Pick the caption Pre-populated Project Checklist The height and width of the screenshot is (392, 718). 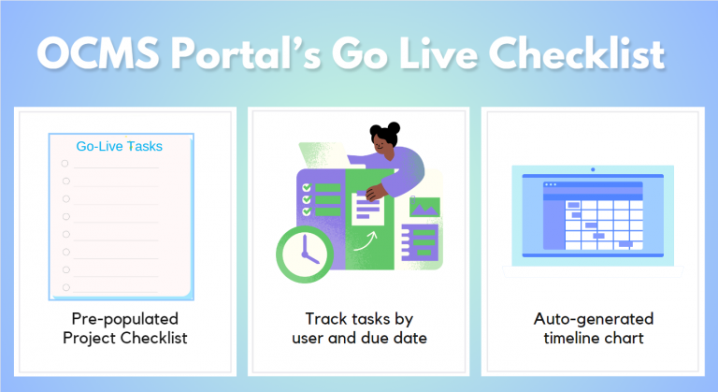(122, 328)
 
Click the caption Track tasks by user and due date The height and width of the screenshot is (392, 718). (359, 328)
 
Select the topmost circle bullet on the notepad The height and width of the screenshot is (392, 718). (65, 164)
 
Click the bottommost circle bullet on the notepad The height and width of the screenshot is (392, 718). (65, 287)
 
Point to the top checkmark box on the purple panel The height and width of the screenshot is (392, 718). (306, 188)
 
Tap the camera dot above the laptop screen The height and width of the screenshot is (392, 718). (592, 170)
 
